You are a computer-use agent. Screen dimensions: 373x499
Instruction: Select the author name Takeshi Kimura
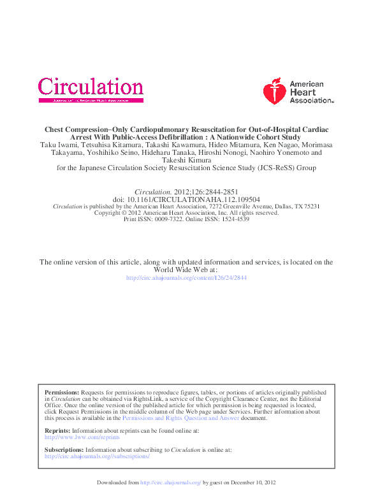[186, 161]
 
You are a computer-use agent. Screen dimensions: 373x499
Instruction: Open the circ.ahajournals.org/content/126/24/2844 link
[186, 278]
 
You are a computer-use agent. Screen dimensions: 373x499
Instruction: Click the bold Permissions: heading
[62, 393]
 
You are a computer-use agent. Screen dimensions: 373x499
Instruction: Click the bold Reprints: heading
[57, 431]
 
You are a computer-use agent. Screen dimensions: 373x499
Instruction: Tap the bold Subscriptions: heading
[64, 450]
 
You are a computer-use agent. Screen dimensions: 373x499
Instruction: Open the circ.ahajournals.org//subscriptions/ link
[97, 456]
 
